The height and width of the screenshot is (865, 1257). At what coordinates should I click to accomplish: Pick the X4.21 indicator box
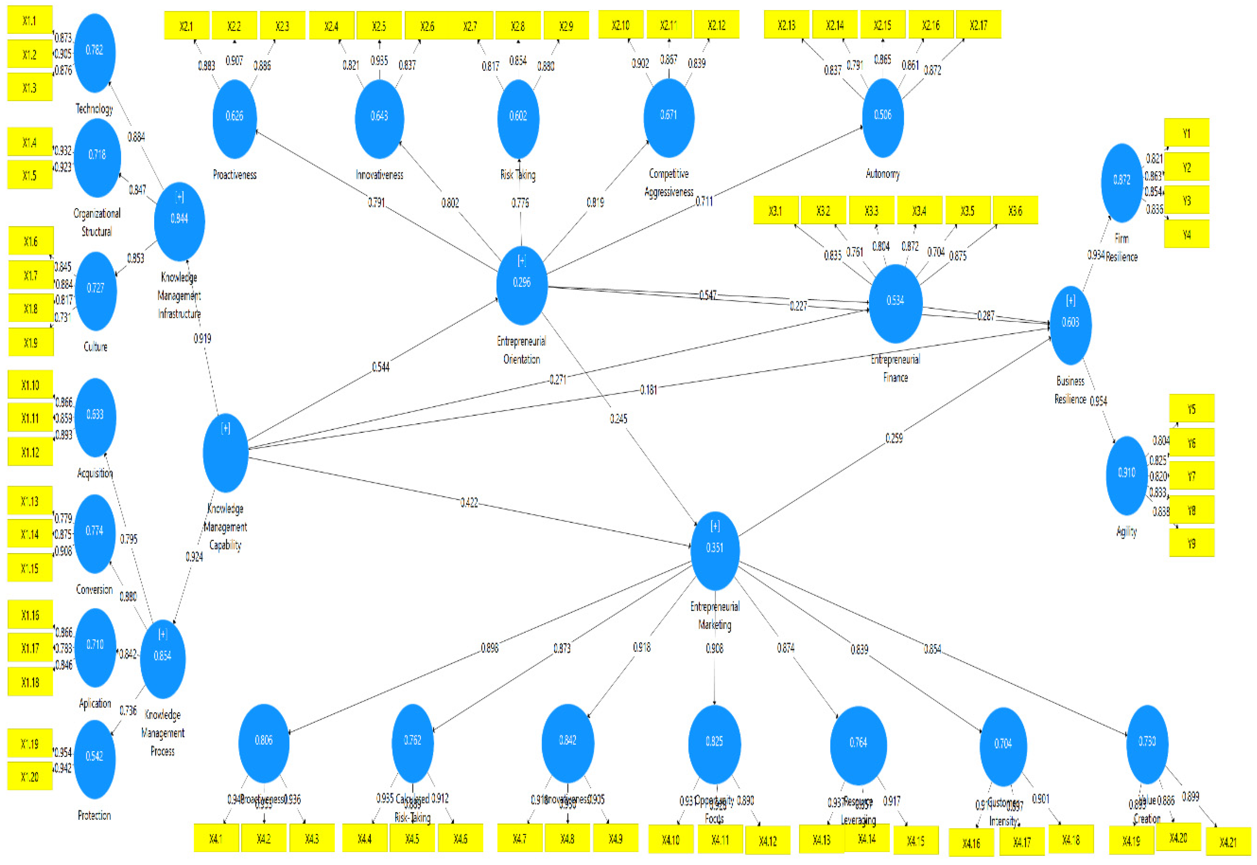pos(1228,842)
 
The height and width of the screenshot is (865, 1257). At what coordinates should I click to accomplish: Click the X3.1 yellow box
pos(775,211)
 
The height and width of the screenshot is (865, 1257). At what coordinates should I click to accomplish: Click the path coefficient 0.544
pos(380,367)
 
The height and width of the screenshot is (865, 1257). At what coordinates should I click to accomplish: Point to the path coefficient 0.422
pos(469,502)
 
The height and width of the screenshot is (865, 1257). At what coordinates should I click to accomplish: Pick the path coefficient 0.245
pos(618,418)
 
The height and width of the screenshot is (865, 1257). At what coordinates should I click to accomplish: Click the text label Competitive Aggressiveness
pos(669,183)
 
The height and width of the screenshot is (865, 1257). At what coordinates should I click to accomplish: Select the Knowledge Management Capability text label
pos(225,526)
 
